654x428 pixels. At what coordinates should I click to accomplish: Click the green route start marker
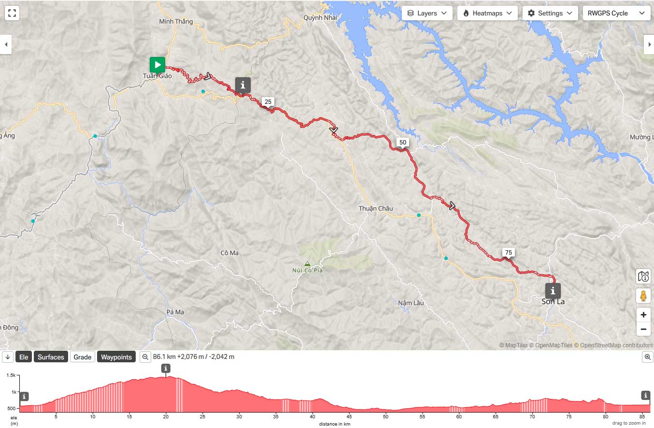coord(157,65)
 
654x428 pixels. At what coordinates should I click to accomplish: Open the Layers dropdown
coord(427,13)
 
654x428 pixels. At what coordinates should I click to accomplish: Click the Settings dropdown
coord(550,13)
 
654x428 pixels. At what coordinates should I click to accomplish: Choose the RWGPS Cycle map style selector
coord(616,13)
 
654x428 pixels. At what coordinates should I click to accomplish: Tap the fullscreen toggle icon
coord(12,13)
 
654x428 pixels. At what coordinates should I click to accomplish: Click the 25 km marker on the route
coord(268,101)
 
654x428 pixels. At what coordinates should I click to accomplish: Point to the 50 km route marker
coord(403,142)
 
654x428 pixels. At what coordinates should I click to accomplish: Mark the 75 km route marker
coord(508,252)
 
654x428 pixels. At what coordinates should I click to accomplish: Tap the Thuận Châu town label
coord(375,208)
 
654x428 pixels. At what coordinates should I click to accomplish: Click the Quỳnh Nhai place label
coord(320,18)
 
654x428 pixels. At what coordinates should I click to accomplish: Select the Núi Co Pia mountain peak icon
coord(307,263)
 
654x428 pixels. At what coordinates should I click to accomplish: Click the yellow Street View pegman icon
coord(643,295)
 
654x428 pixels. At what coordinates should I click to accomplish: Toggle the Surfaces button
coord(51,357)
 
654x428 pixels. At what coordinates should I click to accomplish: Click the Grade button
coord(83,357)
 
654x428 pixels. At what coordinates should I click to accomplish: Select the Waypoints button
coord(116,357)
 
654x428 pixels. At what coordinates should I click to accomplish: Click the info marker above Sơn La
coord(553,291)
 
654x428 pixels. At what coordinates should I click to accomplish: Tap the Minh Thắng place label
coord(176,21)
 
